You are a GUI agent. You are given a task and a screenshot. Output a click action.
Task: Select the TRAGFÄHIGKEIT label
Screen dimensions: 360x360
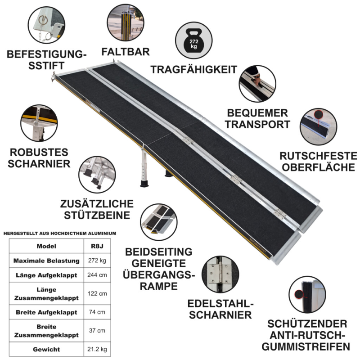click(x=193, y=70)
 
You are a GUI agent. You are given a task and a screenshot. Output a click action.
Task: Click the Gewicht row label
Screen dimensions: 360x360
click(x=47, y=349)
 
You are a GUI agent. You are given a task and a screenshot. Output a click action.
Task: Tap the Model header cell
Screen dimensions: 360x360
click(x=47, y=246)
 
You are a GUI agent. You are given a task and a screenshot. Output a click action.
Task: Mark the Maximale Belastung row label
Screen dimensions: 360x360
click(x=47, y=261)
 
